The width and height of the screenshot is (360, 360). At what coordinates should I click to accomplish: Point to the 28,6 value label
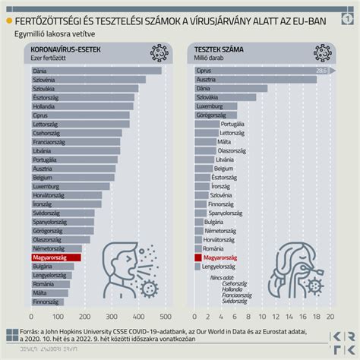321,71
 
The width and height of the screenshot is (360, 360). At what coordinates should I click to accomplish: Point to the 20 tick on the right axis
330,317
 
